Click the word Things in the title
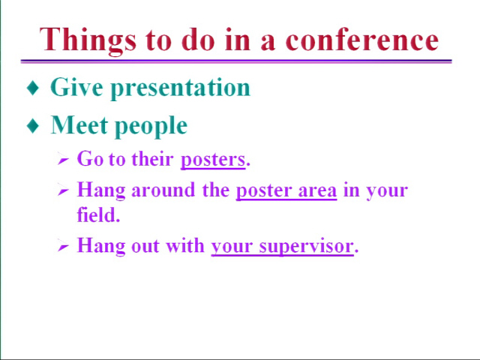point(88,40)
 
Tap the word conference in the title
point(362,40)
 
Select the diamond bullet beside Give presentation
point(33,88)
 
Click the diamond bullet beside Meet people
point(33,125)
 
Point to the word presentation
point(181,89)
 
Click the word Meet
point(79,124)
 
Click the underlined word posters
point(213,160)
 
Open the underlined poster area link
point(286,191)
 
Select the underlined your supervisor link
point(282,247)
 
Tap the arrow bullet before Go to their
point(63,160)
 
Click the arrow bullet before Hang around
point(63,191)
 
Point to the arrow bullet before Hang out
point(63,247)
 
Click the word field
point(97,214)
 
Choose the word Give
point(76,87)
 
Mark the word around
point(163,190)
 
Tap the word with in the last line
point(185,245)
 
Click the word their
point(152,158)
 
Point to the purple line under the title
point(236,61)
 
